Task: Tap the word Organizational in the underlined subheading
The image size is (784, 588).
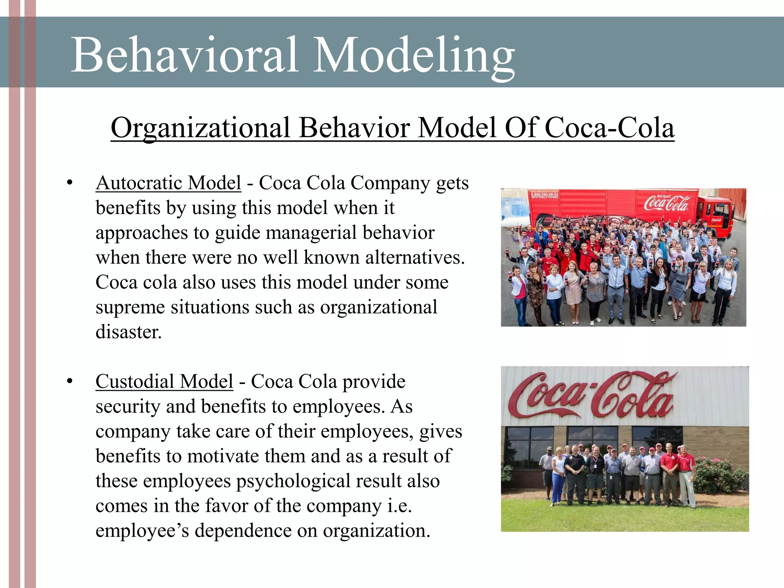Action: point(200,128)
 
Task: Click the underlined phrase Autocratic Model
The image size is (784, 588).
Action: point(168,183)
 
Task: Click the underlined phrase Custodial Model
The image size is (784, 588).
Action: point(164,382)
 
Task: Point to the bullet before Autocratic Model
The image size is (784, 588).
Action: point(69,183)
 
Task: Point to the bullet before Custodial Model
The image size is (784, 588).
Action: point(69,382)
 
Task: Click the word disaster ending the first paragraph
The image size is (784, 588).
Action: point(129,332)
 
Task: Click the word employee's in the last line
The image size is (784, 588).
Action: point(142,531)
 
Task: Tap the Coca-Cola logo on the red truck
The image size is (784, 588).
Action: point(666,203)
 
